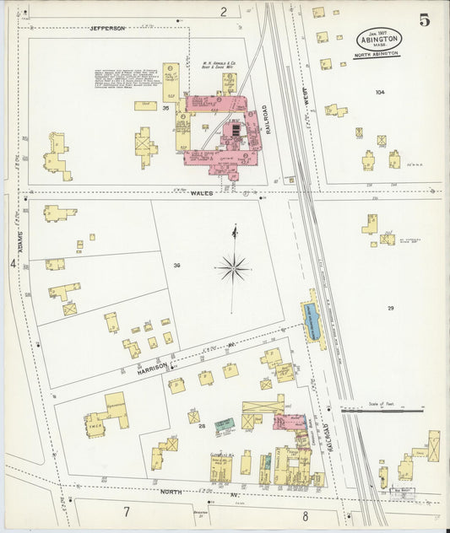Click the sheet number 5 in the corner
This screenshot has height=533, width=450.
coord(424,20)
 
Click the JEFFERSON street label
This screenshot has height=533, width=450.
coord(107,28)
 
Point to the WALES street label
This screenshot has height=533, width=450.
coord(200,192)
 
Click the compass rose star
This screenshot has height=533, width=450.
coord(233,268)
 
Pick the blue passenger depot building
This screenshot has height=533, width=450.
coord(313,321)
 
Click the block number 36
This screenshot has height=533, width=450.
coord(176,266)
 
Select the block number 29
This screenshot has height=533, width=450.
coord(390,309)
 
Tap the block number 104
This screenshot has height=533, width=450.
coord(379,92)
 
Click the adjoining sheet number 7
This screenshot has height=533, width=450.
coord(127,512)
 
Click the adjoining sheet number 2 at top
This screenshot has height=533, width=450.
coord(224,11)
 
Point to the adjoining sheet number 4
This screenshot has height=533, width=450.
coord(13,264)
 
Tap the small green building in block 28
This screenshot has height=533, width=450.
coord(223,426)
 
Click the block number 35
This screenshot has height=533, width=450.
coord(166,109)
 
